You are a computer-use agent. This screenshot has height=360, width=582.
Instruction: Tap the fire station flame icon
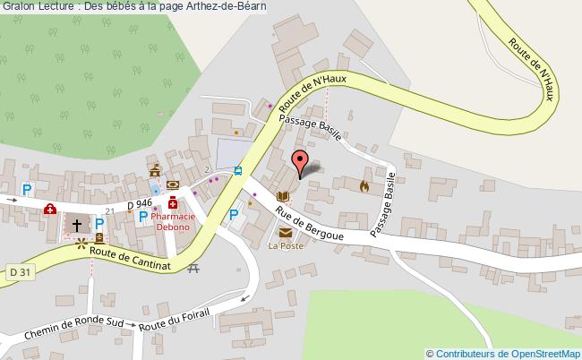364,186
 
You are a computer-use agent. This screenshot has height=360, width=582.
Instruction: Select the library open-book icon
283,196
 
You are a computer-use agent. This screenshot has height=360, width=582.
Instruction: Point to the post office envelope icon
285,233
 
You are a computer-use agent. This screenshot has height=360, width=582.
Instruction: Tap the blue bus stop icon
238,170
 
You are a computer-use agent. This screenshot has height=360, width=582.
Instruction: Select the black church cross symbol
77,225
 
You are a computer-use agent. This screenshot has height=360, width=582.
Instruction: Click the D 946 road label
140,205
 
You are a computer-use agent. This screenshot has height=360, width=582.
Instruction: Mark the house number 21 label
110,211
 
